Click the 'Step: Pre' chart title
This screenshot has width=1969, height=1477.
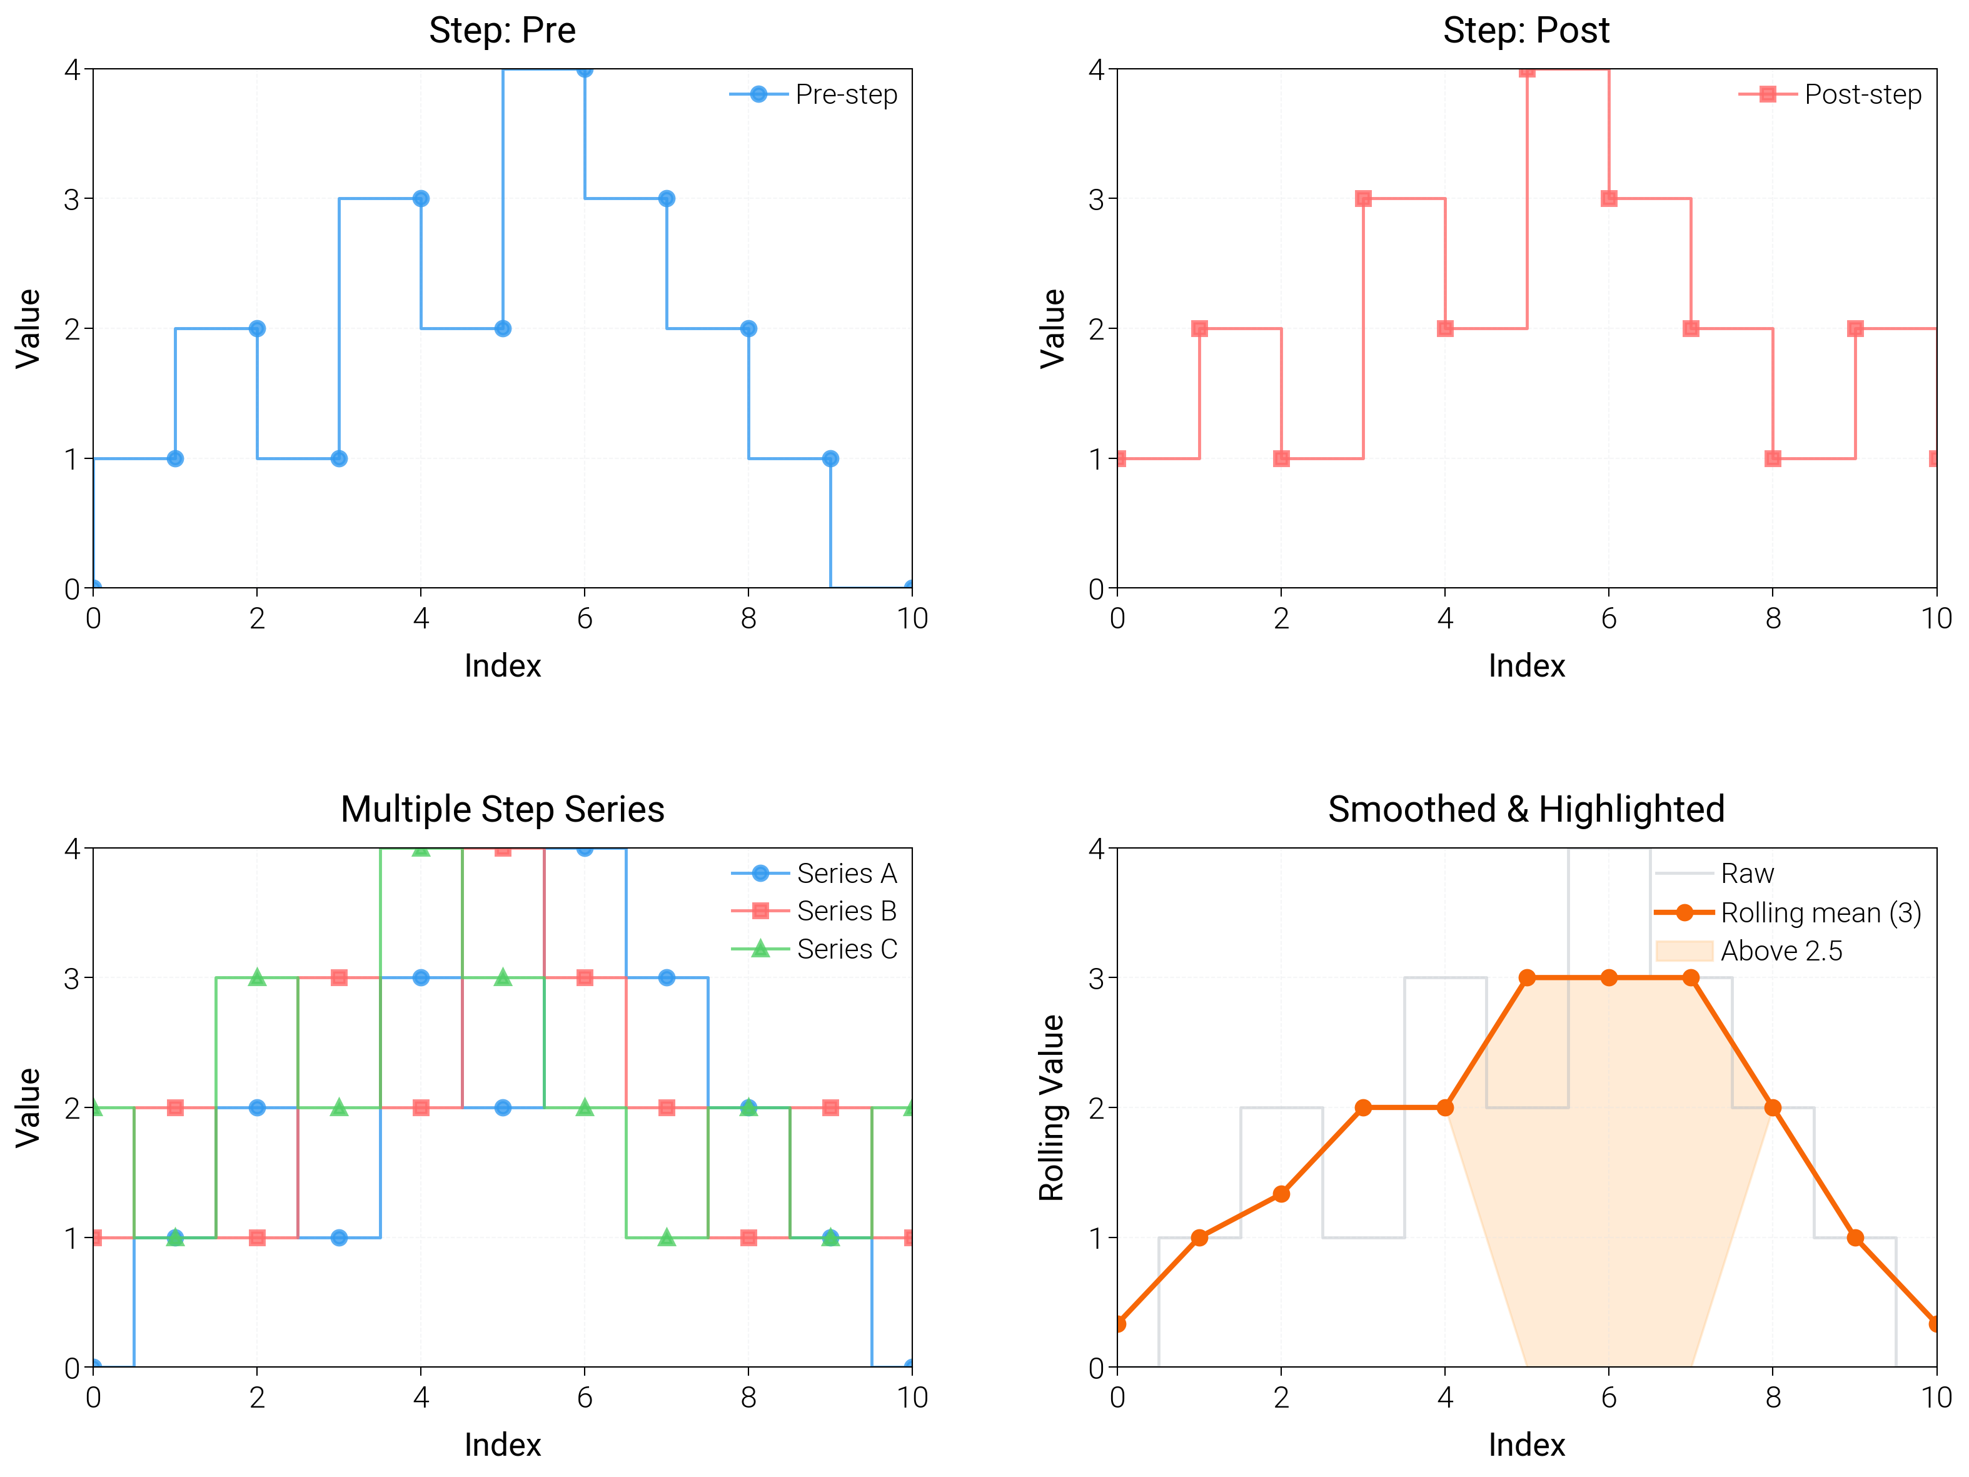(502, 30)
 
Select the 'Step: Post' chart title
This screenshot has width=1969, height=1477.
(1526, 30)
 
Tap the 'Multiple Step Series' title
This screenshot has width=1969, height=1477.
(502, 809)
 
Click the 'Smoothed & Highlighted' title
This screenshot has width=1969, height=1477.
(1526, 809)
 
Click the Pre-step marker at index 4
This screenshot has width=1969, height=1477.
(421, 198)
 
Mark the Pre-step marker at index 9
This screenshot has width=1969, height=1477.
(830, 458)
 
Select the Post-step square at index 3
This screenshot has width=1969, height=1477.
(1363, 198)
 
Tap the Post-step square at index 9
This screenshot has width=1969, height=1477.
(1855, 328)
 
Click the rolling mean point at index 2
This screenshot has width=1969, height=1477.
(1281, 1194)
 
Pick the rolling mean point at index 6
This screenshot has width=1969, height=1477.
(1608, 977)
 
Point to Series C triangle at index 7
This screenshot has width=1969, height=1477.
(667, 1238)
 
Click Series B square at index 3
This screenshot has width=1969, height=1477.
(339, 977)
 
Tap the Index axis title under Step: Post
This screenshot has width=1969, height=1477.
(1526, 666)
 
